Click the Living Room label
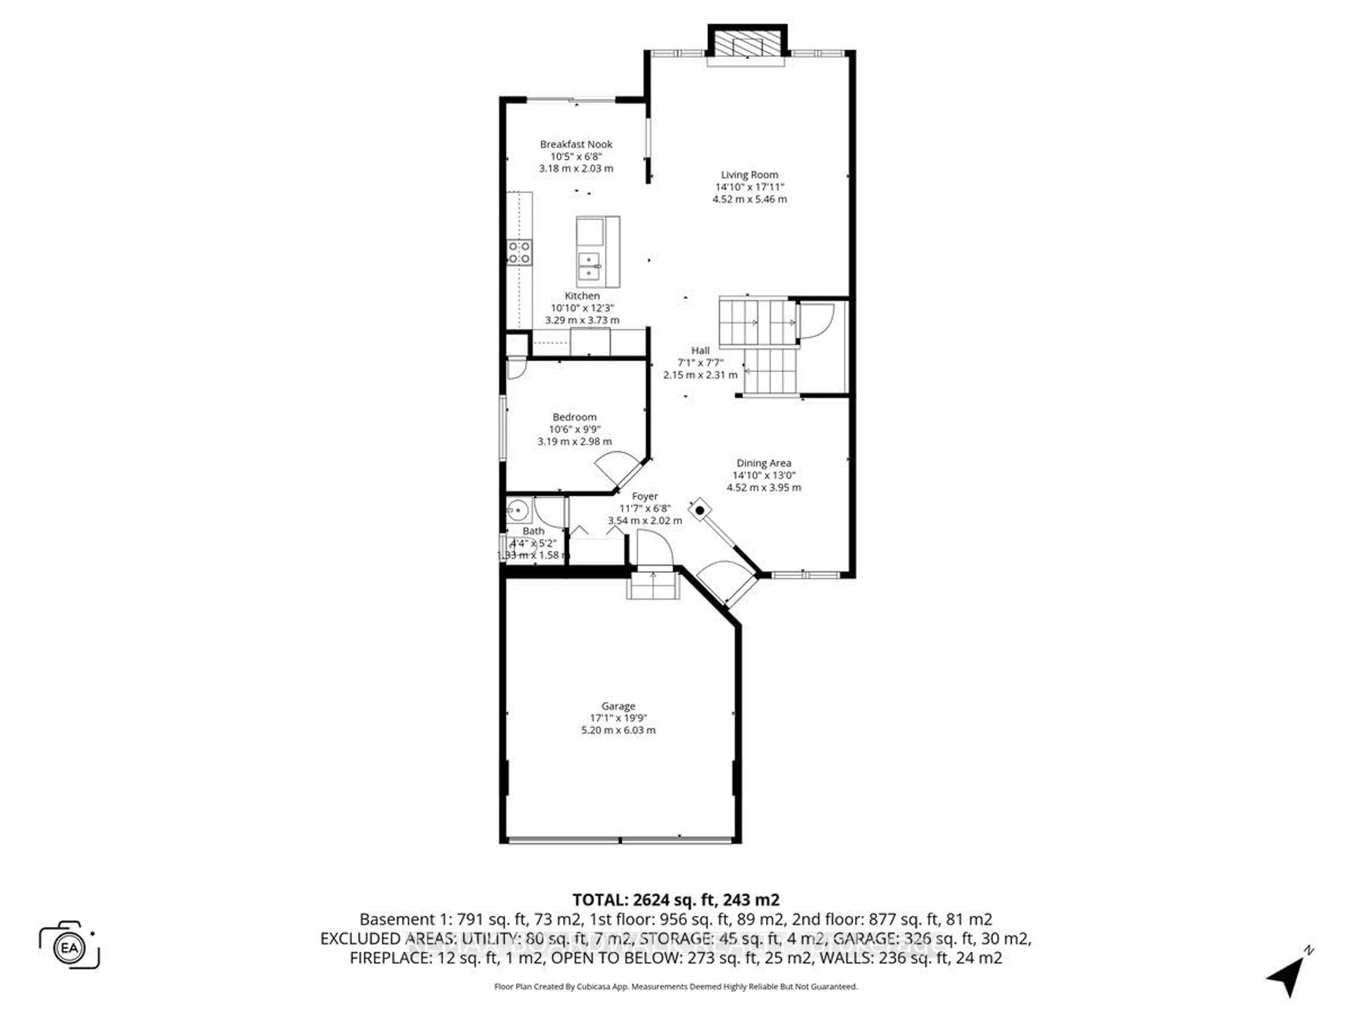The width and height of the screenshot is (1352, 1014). [x=749, y=175]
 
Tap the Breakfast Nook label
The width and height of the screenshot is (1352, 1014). [x=576, y=144]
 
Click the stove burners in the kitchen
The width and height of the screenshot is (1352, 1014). [x=519, y=252]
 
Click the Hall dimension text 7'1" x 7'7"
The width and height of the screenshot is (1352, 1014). [x=700, y=362]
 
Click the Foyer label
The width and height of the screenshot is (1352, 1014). [x=645, y=496]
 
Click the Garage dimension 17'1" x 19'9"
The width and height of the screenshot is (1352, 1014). [x=618, y=718]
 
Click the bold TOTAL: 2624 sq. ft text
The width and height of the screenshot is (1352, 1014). [x=675, y=900]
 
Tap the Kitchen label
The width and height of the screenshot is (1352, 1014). [x=582, y=296]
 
